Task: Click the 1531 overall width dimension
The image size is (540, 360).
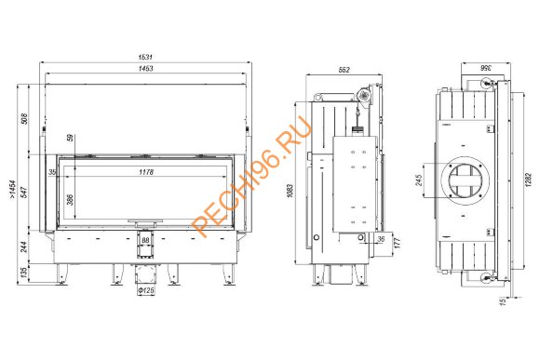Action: pos(145,57)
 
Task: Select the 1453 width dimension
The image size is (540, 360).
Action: pos(145,68)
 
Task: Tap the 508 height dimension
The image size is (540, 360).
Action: pos(24,119)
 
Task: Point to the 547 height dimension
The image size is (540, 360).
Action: pos(24,192)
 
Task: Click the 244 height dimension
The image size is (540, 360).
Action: pos(24,247)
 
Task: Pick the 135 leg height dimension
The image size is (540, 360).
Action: pos(24,273)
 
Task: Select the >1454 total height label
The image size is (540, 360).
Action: pos(13,189)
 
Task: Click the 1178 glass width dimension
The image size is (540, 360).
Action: pos(146,172)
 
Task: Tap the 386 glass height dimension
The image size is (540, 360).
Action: pos(70,200)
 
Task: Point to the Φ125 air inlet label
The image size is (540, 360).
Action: pos(146,290)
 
